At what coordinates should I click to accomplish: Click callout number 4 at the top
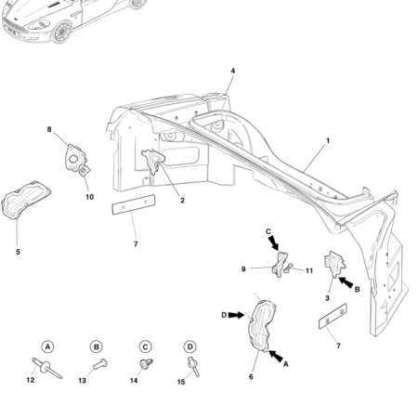click(x=232, y=72)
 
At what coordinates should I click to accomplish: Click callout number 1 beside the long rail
click(x=327, y=141)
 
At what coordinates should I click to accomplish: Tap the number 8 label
click(x=49, y=130)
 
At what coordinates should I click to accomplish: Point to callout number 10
click(x=89, y=196)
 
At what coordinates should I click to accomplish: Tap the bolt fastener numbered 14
click(x=146, y=363)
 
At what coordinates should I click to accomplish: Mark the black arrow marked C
click(x=275, y=244)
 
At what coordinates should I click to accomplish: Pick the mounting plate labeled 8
click(x=72, y=156)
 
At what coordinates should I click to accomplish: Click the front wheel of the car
click(x=64, y=33)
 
